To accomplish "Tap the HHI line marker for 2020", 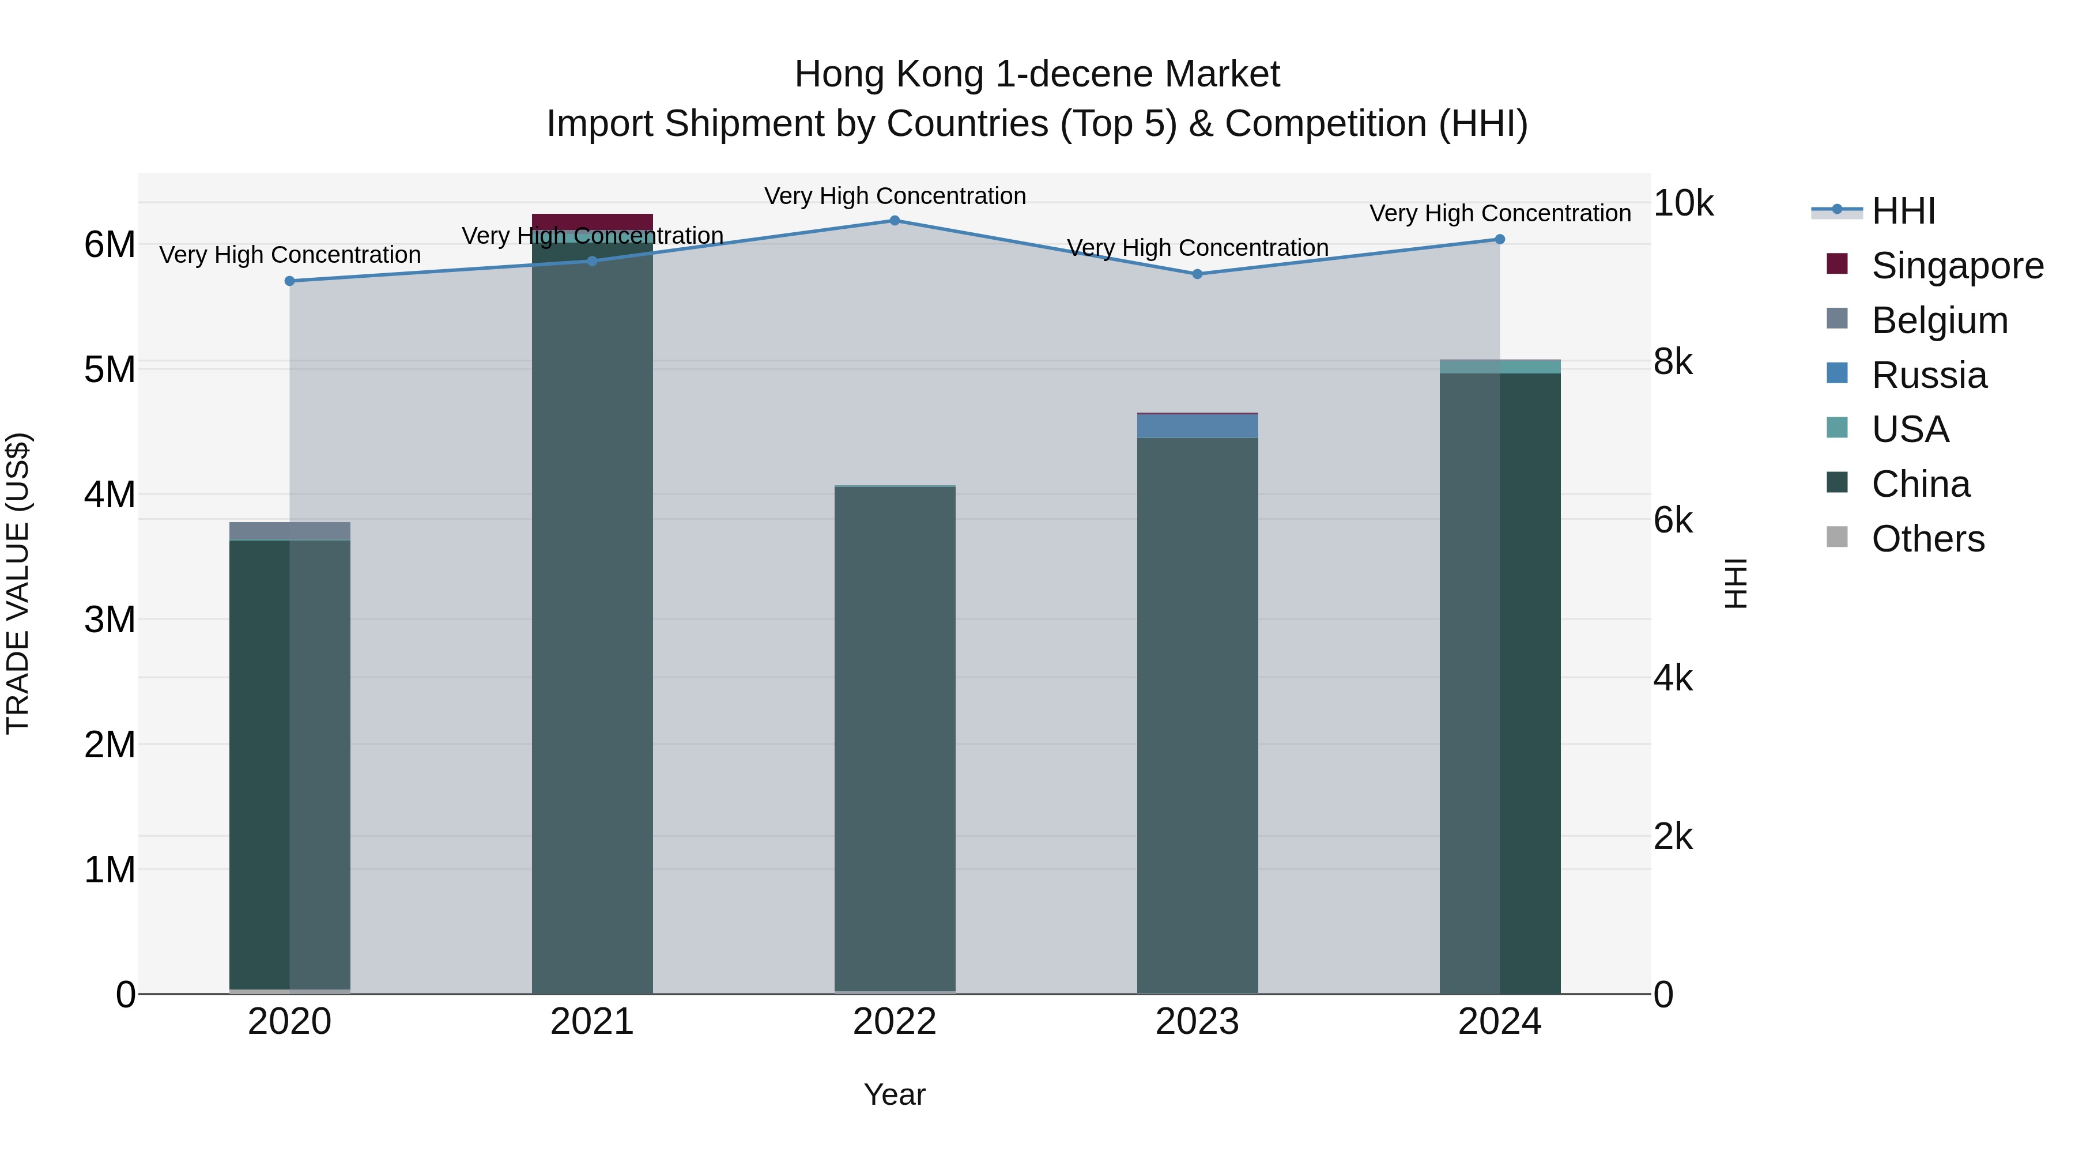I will coord(290,281).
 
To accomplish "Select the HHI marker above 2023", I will coord(1197,274).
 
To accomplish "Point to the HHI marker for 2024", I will coord(1499,239).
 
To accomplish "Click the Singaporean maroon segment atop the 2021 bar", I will coord(592,221).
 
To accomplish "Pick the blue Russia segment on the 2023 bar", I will coord(1197,426).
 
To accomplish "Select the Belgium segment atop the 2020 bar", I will coord(290,531).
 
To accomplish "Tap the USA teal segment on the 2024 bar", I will coord(1499,367).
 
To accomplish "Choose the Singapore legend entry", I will coord(1957,266).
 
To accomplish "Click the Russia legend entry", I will coord(1929,375).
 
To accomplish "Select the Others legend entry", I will coord(1927,539).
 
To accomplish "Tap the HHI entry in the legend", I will coord(1903,211).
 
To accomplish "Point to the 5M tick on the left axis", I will coord(110,369).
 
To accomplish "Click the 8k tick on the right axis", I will coord(1673,361).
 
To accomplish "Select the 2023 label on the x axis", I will coord(1197,1022).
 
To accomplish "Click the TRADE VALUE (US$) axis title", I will coord(18,583).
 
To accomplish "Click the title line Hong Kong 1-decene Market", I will coord(1037,74).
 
